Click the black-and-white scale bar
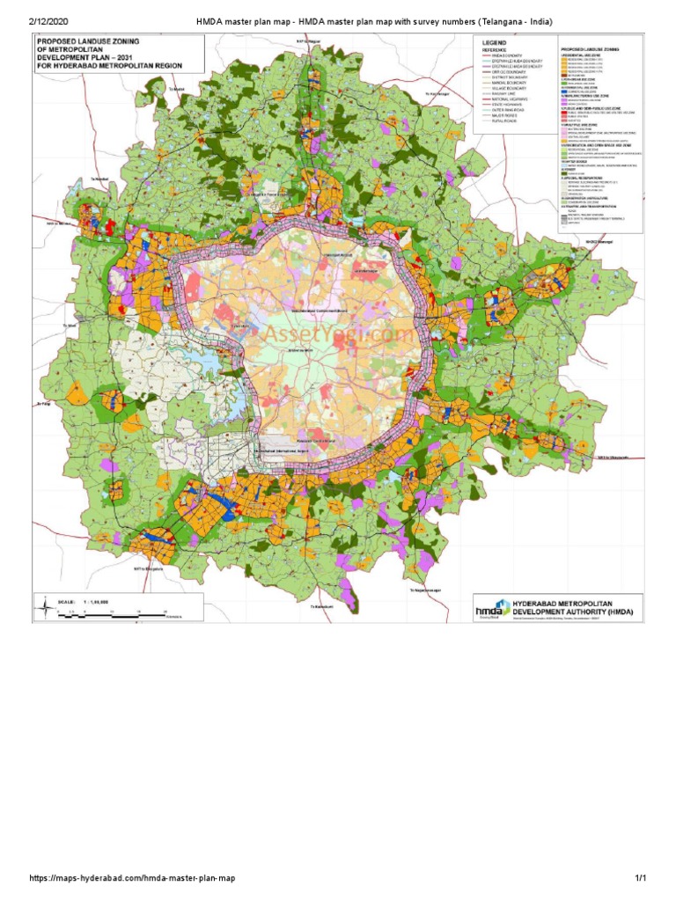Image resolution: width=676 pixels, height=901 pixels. point(114,610)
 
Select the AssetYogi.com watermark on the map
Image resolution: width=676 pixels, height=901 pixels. point(334,335)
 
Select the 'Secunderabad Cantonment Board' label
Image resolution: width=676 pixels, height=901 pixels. point(327,310)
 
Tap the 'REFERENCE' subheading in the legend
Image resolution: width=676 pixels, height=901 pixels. point(493,51)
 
